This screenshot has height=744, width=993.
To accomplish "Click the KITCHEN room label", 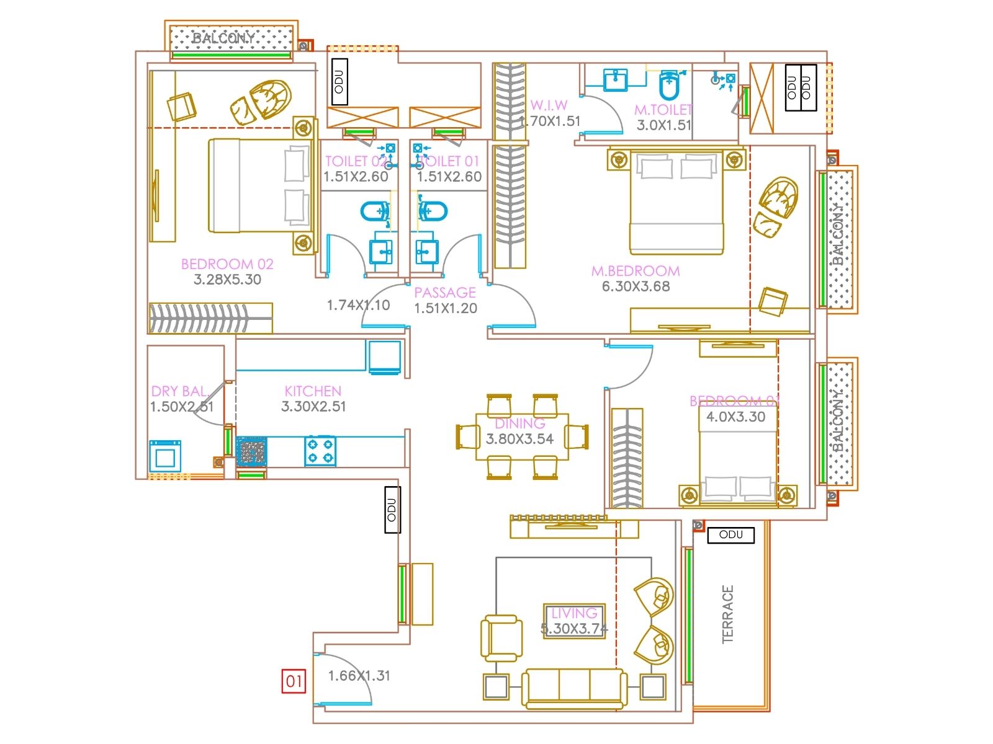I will click(313, 391).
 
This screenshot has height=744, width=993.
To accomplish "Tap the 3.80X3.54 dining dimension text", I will click(519, 439).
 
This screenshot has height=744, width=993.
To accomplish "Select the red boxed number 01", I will click(294, 681).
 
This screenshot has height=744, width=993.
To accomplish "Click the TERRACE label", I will click(728, 614).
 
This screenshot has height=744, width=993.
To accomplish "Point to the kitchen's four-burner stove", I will click(320, 451).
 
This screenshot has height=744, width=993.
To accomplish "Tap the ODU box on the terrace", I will click(730, 534).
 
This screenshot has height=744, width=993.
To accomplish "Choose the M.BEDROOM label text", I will click(635, 271).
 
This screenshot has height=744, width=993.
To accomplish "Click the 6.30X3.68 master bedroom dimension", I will click(636, 286).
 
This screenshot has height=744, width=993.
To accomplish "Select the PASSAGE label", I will click(445, 293).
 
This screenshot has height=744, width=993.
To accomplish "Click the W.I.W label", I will click(549, 105).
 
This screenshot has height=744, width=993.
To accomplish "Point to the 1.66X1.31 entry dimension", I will click(359, 676).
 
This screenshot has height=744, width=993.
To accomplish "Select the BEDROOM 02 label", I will click(227, 264).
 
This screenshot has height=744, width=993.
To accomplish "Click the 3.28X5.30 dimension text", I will click(227, 280).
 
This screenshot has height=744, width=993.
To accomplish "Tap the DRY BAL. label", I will click(179, 391).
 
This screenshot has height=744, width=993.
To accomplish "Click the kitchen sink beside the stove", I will click(251, 451).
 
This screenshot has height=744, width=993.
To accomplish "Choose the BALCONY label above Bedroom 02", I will click(223, 38).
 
